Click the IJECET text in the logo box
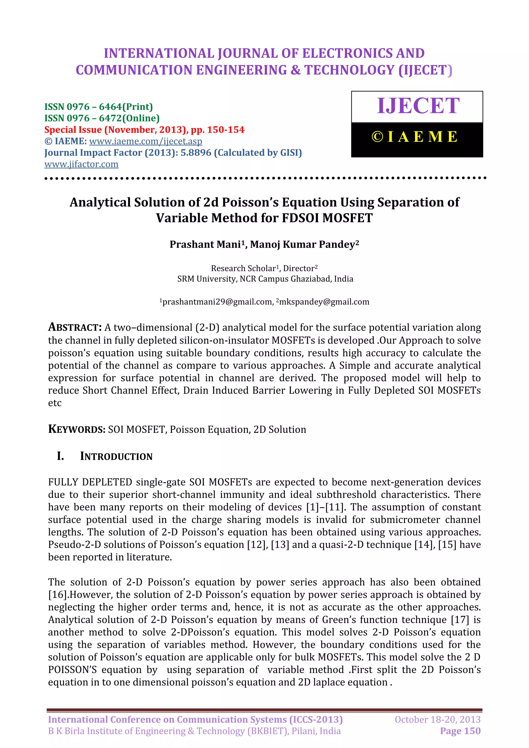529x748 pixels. point(418,106)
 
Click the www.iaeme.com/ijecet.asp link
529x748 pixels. point(146,141)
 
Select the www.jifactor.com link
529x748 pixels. point(81,164)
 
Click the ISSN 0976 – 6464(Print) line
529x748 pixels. point(98,107)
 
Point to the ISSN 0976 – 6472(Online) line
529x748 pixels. point(102,118)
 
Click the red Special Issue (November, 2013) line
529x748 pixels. point(144,130)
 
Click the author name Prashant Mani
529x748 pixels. point(205,244)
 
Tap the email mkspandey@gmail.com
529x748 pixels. point(324,302)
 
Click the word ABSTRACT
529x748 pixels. point(75,327)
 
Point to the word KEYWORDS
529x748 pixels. point(76,429)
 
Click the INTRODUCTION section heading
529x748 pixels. point(116,456)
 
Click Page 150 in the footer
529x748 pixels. point(460,731)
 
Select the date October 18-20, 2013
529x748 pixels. point(438,719)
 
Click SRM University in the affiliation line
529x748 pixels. point(207,279)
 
